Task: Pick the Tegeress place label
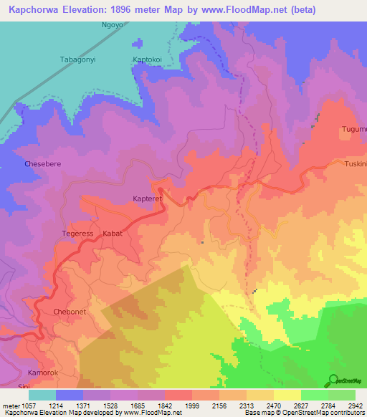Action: (x=77, y=234)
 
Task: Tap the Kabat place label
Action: (x=113, y=234)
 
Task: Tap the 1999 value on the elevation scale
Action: (x=191, y=406)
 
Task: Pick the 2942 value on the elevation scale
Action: (x=355, y=406)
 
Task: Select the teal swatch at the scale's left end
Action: (x=42, y=395)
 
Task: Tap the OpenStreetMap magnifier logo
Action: (x=333, y=380)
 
